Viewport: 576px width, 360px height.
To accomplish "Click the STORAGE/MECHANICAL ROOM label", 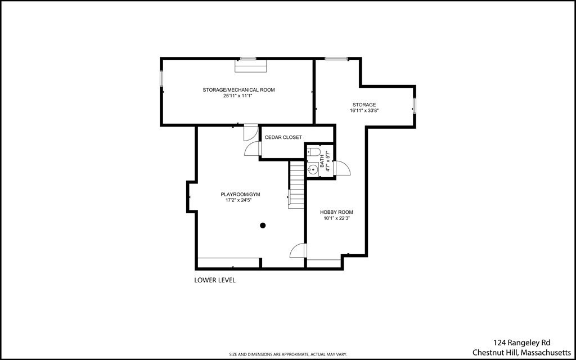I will pos(238,90).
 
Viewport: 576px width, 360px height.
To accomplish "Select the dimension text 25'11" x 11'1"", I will pos(238,96).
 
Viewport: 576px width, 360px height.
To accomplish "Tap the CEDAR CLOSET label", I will pos(283,137).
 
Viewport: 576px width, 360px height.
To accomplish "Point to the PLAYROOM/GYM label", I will pos(240,195).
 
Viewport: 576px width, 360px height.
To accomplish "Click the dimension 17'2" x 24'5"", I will pos(240,201).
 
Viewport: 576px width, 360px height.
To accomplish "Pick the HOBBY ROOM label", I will pos(336,212).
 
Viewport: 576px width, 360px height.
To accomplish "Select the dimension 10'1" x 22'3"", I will pos(336,218).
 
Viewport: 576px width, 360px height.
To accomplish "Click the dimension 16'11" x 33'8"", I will pos(364,111).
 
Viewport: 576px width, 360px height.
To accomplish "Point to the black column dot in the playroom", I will pos(263,226).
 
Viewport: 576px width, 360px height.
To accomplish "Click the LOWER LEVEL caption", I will pos(215,280).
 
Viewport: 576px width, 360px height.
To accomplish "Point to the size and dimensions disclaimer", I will pos(287,354).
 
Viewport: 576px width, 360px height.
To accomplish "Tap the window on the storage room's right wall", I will pos(415,105).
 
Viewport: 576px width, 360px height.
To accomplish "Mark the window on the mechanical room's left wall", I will pos(161,78).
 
